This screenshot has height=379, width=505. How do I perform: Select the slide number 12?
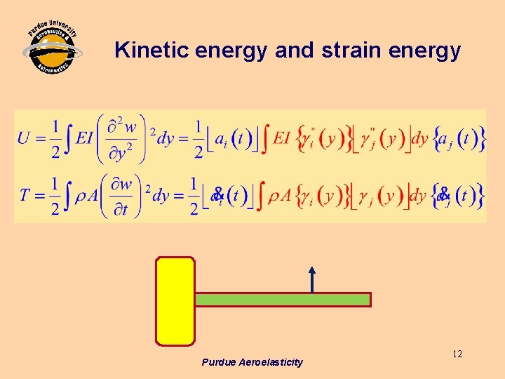[457, 354]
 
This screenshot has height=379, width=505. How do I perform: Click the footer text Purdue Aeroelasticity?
[252, 362]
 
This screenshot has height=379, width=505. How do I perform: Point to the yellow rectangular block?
[175, 301]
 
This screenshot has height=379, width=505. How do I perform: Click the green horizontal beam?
[282, 300]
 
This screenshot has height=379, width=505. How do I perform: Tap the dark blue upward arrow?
[312, 279]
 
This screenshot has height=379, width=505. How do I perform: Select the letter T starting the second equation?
[24, 194]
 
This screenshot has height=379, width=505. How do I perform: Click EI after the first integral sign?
[85, 138]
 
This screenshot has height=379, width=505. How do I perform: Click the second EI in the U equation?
[281, 138]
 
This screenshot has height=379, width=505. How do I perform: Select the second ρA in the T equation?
[282, 194]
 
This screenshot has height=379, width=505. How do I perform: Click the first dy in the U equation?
[166, 138]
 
